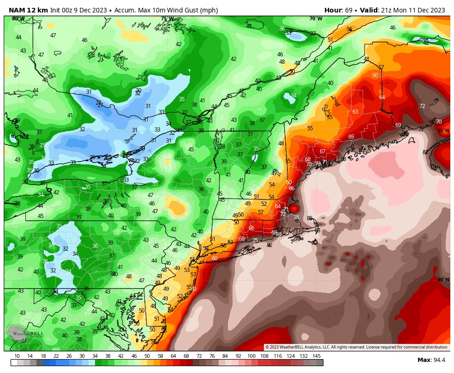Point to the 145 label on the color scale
click(317, 356)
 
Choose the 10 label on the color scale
click(17, 356)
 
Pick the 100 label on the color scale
click(251, 356)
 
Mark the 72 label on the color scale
click(199, 356)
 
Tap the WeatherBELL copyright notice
click(356, 347)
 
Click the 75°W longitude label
click(167, 19)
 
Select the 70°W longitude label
click(316, 19)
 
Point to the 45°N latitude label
click(443, 131)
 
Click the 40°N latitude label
click(443, 280)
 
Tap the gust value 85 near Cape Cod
click(310, 218)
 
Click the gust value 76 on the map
click(296, 217)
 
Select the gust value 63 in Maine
click(355, 112)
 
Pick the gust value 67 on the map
click(323, 151)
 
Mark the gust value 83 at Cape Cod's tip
click(317, 230)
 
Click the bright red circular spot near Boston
click(293, 209)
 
